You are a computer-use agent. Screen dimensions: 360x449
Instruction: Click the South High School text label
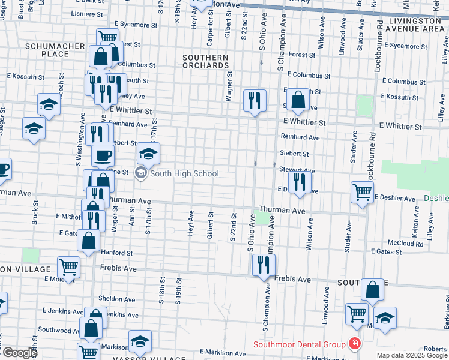pos(184,174)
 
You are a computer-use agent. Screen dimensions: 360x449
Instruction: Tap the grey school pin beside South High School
pos(141,174)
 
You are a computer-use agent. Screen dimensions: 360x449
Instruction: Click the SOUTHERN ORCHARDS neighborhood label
pos(205,62)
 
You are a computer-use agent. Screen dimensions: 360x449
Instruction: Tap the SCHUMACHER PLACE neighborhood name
pos(47,50)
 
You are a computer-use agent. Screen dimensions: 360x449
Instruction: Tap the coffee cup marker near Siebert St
pos(103,155)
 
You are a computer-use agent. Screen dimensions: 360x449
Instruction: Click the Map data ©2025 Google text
pos(412,355)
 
